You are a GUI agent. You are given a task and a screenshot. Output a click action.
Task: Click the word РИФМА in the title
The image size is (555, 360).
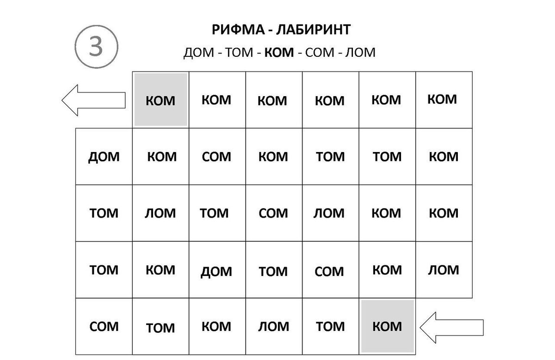coord(238,30)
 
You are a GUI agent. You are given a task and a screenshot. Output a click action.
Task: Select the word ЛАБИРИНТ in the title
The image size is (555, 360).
coord(314,30)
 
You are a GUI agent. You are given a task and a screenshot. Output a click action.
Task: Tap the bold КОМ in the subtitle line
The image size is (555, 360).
coord(279,53)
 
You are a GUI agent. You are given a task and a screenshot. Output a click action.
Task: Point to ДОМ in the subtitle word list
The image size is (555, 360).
coord(199,53)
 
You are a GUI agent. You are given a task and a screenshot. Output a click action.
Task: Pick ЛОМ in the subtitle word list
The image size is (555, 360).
coord(360,53)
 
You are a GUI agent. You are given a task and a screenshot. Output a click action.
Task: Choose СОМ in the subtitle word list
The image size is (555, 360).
coord(320,53)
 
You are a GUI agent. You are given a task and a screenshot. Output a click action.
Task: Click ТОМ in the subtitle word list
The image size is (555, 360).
coord(239,53)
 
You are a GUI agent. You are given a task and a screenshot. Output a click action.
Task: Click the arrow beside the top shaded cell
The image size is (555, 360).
coord(93,100)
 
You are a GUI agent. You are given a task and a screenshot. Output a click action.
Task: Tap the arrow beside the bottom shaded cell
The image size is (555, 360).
coord(452,328)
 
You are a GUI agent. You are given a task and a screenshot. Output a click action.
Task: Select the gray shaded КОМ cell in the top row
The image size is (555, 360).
coord(160,99)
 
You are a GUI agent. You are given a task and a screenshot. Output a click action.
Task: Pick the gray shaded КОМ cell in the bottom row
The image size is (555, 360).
coord(387,326)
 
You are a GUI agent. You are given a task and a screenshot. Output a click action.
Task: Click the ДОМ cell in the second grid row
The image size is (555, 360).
coord(104,157)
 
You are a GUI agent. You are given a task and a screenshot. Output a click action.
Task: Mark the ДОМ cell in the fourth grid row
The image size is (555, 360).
coord(217,270)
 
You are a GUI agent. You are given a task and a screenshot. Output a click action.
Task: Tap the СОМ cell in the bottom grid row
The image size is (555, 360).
coord(104,327)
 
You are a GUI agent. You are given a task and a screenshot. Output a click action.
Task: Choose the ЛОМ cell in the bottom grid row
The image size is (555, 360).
coord(274,327)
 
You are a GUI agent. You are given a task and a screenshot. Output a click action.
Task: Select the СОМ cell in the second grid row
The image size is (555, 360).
coord(217,157)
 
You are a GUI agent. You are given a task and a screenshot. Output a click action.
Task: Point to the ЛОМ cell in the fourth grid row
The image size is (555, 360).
coord(444,270)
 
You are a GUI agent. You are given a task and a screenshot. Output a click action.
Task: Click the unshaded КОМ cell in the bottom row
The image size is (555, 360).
coord(217,327)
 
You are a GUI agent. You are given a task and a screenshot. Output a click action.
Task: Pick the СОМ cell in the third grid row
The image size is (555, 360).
coord(274,213)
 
